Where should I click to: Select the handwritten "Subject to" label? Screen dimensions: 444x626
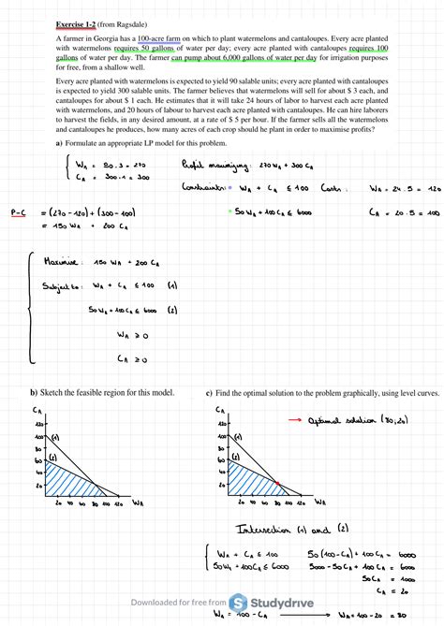coord(63,287)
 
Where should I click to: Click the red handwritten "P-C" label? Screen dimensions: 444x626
coord(18,212)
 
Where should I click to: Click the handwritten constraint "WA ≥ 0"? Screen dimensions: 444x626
coord(133,333)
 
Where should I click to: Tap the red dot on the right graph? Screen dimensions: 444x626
coord(278,483)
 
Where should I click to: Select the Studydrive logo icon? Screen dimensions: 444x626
coord(239,604)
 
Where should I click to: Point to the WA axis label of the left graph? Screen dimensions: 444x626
coord(137,503)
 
